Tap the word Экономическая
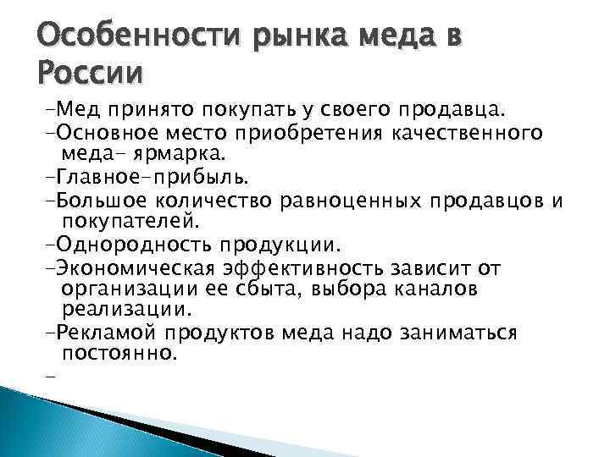coord(142,268)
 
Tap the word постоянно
coord(119,354)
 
